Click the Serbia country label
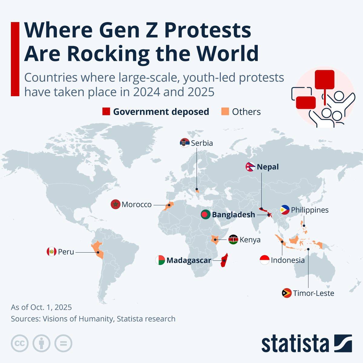(x=202, y=143)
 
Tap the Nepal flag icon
(x=250, y=167)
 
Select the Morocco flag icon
(x=116, y=204)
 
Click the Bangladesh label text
(x=233, y=215)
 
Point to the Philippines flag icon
(x=285, y=210)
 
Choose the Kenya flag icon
(x=233, y=240)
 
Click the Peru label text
(x=66, y=252)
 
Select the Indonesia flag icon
(x=264, y=260)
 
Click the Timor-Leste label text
(x=313, y=293)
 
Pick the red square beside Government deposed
(x=106, y=112)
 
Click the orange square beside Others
(x=225, y=112)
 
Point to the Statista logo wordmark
(x=295, y=344)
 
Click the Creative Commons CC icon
(x=20, y=343)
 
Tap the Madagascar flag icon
(x=160, y=260)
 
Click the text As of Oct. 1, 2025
(x=41, y=307)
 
